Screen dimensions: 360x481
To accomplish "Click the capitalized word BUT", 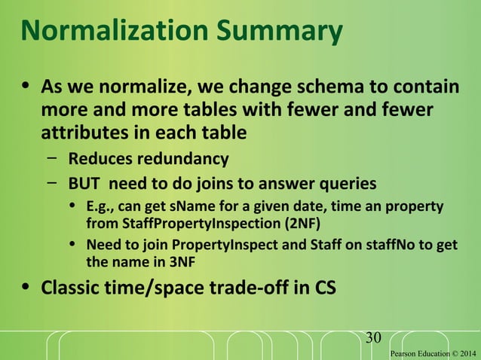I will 84,183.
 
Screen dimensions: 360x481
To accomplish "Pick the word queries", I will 344,183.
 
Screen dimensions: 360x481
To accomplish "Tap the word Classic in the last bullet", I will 71,288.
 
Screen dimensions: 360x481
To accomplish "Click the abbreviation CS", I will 319,288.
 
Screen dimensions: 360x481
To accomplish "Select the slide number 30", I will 373,337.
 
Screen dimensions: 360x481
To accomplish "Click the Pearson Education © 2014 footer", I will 433,352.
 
